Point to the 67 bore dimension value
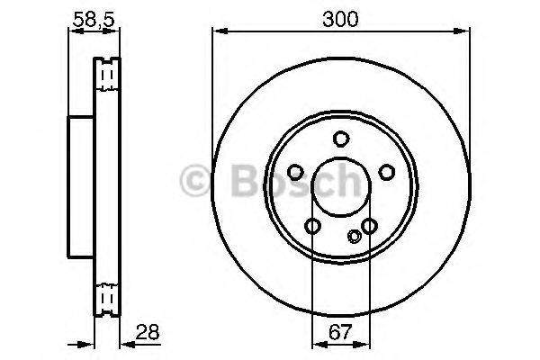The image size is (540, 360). tap(340, 332)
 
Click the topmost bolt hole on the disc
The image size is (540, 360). tap(340, 139)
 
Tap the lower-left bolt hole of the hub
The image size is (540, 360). tap(311, 226)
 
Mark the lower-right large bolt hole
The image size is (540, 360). tap(369, 226)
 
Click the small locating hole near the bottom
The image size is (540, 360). tap(354, 237)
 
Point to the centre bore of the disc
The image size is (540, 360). tap(340, 187)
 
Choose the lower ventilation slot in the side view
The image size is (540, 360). tap(108, 297)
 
